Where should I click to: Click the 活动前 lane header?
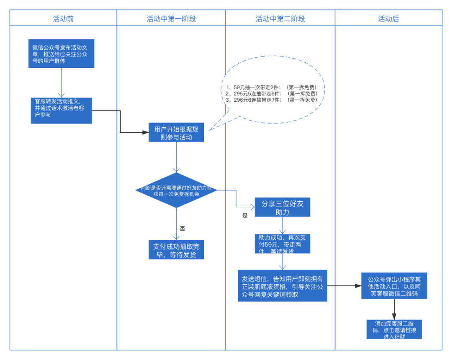coord(63,19)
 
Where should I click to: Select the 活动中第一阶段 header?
coord(171,19)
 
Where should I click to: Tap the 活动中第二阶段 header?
coord(280,19)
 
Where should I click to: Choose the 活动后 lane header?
coord(388,19)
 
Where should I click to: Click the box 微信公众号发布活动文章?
coord(61,54)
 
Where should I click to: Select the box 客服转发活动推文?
coord(61,111)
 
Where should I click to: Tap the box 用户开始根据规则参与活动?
coord(176,132)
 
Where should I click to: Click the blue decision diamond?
coord(176,190)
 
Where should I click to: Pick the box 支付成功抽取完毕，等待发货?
coord(176,250)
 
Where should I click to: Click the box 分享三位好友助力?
coord(282,207)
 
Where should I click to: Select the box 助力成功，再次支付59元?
coord(282,244)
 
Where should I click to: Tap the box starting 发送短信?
coord(282,286)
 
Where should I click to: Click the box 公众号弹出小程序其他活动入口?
coord(394,286)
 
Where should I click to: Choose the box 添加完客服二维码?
coord(394,329)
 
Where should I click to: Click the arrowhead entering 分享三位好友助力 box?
coord(252,207)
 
